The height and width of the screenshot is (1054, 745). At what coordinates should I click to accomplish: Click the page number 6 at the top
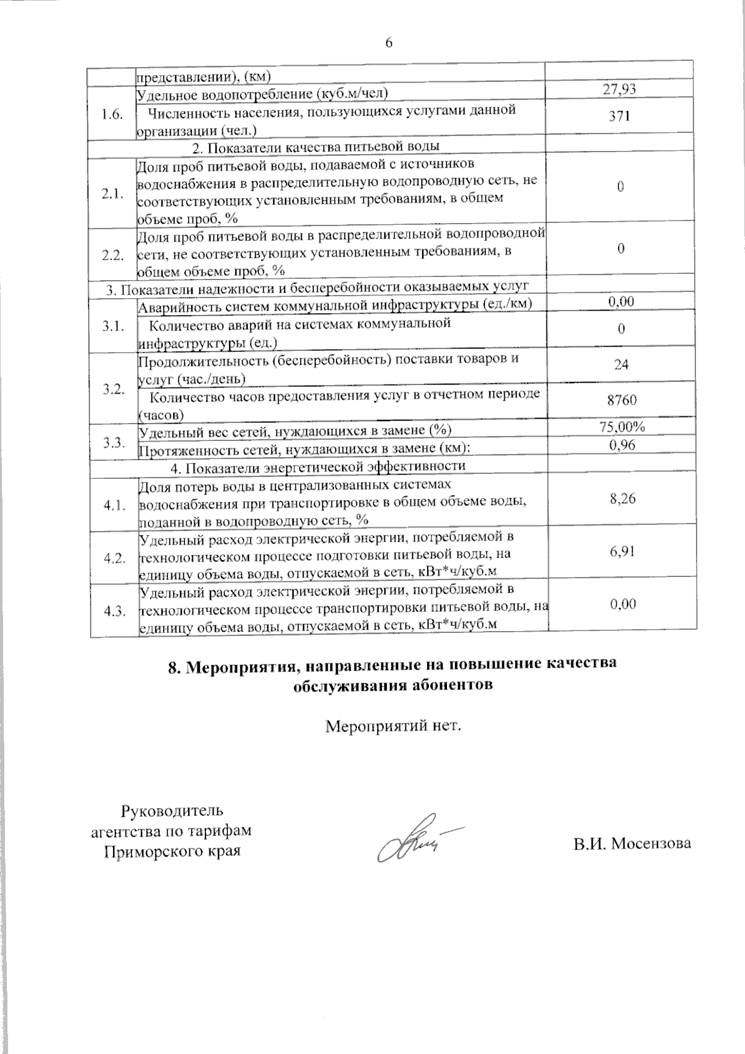tap(389, 42)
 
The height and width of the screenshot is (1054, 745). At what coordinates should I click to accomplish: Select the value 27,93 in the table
tap(620, 89)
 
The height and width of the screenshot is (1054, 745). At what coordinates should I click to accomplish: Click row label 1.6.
tap(112, 116)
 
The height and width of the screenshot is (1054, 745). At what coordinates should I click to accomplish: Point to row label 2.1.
tap(112, 193)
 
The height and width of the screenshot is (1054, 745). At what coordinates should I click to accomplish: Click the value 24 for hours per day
tap(621, 365)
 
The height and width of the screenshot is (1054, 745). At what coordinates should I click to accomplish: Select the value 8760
tap(621, 401)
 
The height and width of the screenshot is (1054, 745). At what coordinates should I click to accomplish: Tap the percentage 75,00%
tap(622, 427)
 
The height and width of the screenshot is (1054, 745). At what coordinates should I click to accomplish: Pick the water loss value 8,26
tap(622, 498)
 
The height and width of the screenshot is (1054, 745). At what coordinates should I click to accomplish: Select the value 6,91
tap(622, 551)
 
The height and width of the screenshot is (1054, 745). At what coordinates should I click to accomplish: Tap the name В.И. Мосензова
tap(631, 843)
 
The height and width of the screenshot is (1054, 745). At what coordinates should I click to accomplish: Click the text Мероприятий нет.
tap(394, 725)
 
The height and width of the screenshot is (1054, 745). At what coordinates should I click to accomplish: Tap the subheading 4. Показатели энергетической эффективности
tap(317, 466)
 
